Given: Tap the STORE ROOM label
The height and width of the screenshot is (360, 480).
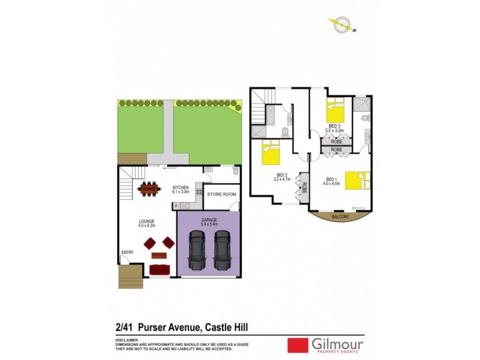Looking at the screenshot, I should [x=221, y=194].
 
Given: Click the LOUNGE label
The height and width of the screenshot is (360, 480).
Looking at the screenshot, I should [x=146, y=221].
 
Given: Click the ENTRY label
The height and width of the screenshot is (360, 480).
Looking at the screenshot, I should [x=127, y=253].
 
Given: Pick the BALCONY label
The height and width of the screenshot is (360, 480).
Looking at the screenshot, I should [x=340, y=217].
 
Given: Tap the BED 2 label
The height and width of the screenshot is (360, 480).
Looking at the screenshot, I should [x=281, y=175].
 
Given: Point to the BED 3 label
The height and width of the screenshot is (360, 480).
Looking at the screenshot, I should [x=334, y=125].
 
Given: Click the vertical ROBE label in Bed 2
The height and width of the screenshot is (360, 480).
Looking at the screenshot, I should [x=304, y=190].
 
